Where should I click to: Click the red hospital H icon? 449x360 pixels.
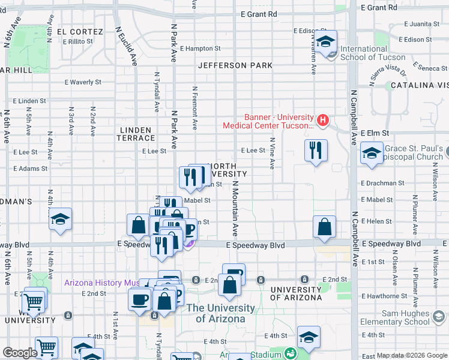tap(324, 121)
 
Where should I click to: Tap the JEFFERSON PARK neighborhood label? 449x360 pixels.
tap(235, 65)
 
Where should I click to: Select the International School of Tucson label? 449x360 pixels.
tap(372, 53)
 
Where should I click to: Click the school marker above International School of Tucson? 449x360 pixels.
tap(327, 42)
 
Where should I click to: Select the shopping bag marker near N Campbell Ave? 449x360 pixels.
tap(324, 227)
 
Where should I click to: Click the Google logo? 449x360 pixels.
tap(20, 353)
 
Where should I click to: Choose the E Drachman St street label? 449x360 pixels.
tap(383, 183)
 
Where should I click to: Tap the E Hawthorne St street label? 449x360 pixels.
tap(384, 296)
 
